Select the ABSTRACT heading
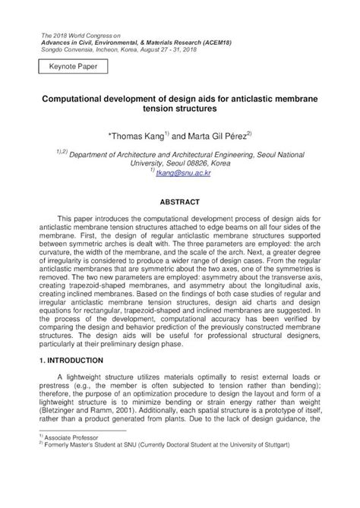tap(179, 203)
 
